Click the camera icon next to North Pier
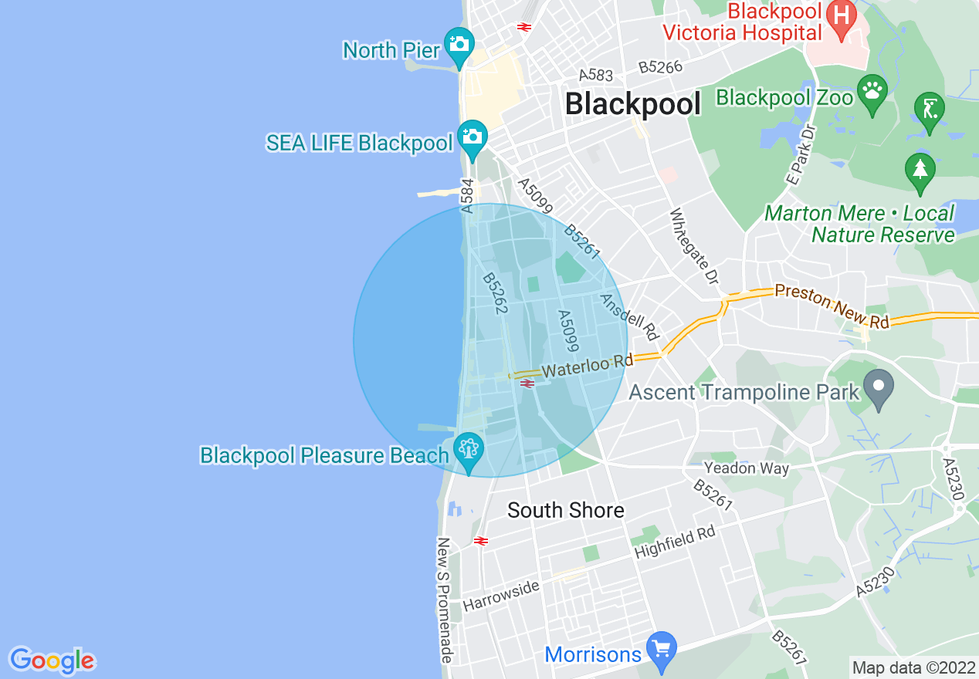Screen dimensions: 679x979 coord(459,42)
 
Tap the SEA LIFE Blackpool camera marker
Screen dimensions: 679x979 coord(472,136)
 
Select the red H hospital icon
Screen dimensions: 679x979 coord(840,14)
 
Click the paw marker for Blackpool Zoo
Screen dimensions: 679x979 coord(872,91)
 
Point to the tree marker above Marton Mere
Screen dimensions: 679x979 coord(920,169)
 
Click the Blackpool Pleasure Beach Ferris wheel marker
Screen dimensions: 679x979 coord(468,448)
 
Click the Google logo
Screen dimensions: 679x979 coord(52,660)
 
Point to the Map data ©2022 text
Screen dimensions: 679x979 coord(913,667)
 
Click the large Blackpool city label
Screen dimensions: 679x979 coord(633,103)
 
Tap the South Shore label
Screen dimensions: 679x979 coord(565,510)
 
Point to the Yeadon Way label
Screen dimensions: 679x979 coord(746,468)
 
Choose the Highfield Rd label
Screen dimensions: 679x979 coord(675,542)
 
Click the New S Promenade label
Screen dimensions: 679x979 coord(445,600)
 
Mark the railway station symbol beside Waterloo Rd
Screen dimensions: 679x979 coord(528,383)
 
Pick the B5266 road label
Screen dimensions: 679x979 coord(660,67)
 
